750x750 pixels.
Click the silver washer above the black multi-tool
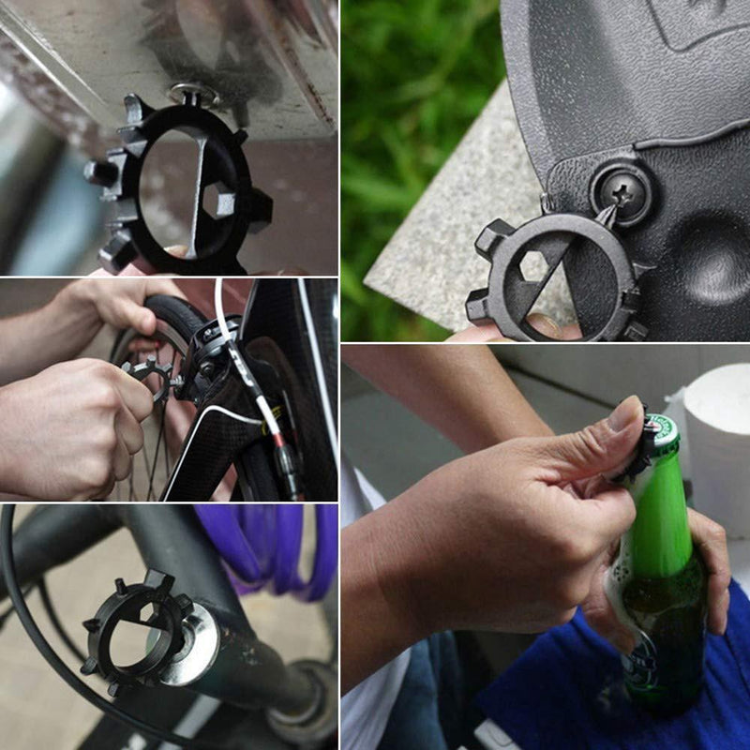pyautogui.click(x=193, y=94)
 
